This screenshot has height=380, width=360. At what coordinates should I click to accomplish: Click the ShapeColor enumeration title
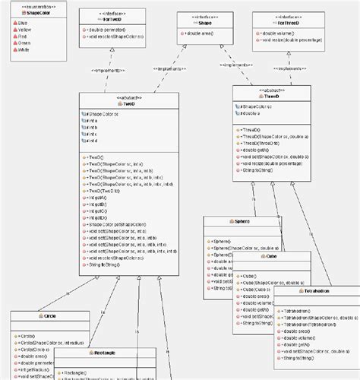coord(29,13)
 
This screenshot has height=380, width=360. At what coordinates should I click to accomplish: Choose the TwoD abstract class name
coord(130,103)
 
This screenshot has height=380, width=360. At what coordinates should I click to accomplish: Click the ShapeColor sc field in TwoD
coord(103,113)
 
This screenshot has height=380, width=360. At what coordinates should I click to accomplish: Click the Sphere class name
coord(242,220)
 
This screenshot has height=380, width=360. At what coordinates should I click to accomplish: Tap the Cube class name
coord(273,257)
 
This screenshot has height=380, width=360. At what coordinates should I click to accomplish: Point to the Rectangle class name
coord(107,354)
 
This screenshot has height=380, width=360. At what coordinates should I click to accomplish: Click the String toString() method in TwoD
coord(106,265)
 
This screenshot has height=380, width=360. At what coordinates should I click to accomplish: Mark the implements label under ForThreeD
coord(285,68)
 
